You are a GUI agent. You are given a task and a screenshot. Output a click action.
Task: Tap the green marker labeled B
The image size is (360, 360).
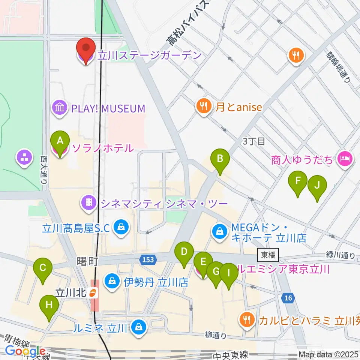pos(220,159)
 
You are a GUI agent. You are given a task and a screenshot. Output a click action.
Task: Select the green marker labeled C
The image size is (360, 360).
pos(42,268)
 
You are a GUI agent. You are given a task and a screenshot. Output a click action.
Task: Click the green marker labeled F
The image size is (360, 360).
pos(298,181)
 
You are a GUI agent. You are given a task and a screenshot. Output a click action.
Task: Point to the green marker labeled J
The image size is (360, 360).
pos(317,185)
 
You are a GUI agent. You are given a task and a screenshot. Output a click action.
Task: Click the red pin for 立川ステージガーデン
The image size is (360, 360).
pos(86,49)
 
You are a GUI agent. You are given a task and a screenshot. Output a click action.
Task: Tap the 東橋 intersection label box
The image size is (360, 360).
pos(268,255)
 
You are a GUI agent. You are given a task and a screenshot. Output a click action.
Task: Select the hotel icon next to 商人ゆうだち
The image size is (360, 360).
pos(344,159)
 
